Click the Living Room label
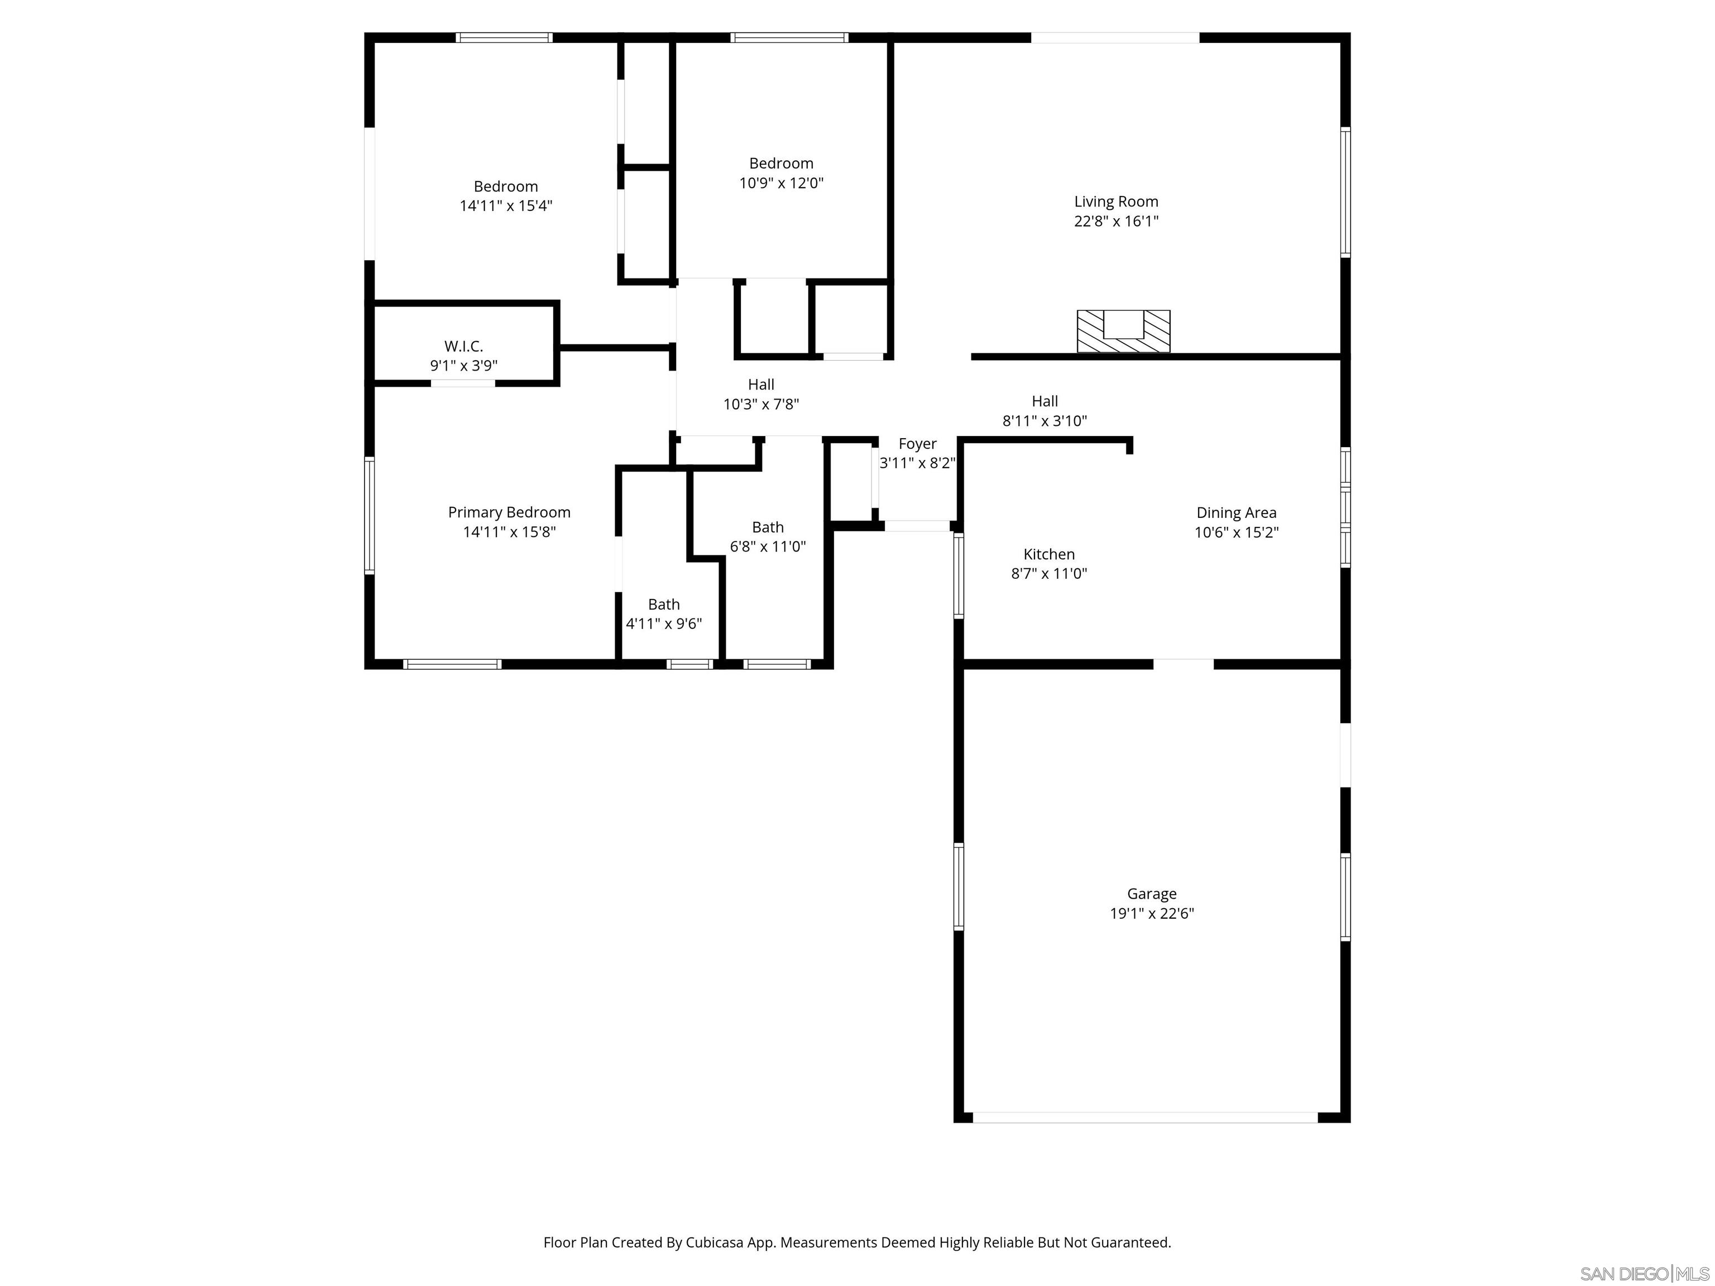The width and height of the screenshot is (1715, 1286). (1115, 201)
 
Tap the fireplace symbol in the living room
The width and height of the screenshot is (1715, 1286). (1123, 331)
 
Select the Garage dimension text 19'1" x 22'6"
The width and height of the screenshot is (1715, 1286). (1151, 913)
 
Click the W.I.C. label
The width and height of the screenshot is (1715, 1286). (463, 347)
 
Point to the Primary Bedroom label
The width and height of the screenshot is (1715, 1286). (509, 512)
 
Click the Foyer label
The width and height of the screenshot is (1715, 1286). (917, 444)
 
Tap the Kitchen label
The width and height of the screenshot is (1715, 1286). (1048, 554)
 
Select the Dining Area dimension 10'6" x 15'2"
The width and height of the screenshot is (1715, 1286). (1236, 532)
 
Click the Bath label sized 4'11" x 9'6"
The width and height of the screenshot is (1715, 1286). (664, 604)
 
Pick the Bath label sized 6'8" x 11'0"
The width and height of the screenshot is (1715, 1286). (768, 527)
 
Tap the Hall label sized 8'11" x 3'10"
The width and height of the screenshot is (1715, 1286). (1045, 401)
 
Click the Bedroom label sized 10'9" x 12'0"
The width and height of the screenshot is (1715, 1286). (781, 164)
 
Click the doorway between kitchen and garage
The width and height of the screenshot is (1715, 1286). (1182, 664)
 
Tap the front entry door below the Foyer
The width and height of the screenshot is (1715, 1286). (917, 526)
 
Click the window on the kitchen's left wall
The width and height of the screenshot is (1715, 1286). (959, 575)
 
